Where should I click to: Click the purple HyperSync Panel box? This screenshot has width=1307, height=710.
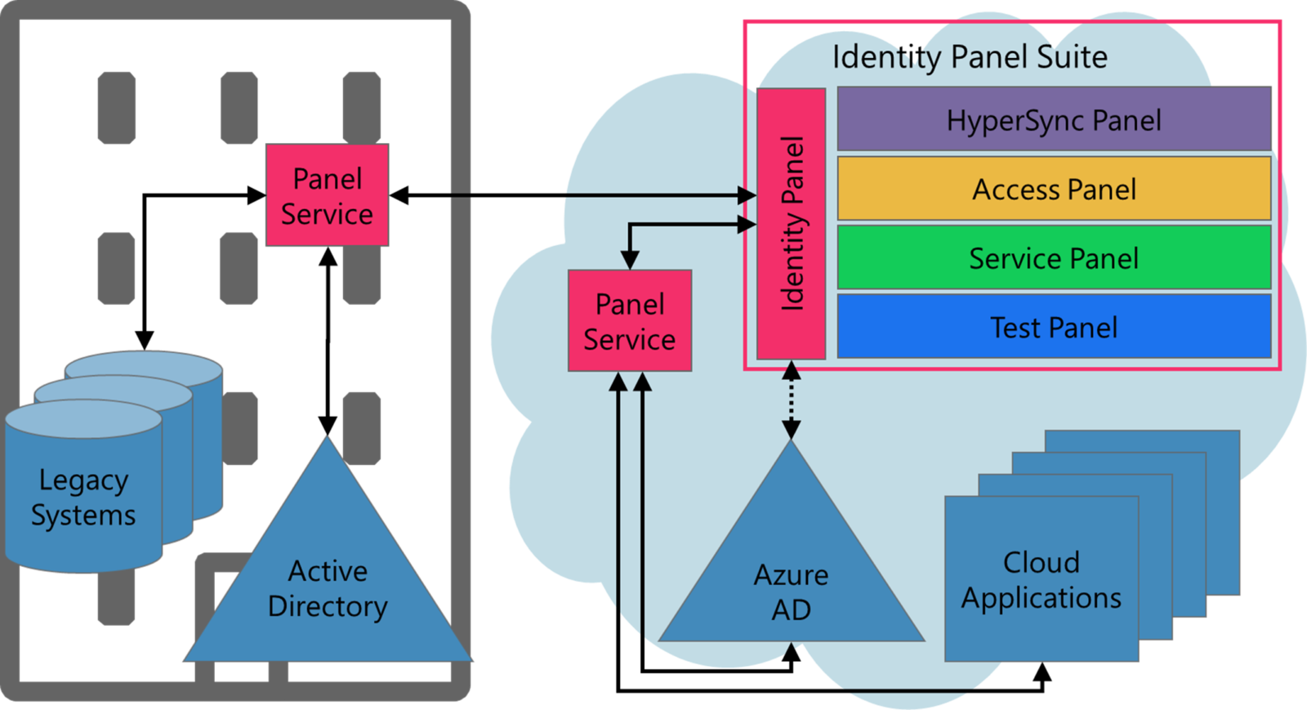(1054, 120)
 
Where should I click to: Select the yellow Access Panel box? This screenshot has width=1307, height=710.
(1054, 190)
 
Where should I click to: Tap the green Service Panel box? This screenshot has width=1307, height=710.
(1054, 259)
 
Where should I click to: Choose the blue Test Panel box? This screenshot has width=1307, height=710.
(1054, 328)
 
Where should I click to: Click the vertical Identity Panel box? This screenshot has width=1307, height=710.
(791, 223)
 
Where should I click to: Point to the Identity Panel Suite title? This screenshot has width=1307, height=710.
(970, 57)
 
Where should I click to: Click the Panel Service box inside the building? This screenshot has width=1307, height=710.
(327, 196)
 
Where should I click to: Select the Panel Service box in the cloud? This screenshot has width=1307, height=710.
(630, 321)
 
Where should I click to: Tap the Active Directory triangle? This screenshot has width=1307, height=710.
(328, 588)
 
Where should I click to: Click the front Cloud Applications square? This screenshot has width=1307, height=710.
(1042, 580)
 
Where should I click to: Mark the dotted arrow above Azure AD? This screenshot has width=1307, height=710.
(791, 400)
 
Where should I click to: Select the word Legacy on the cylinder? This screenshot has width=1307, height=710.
(83, 480)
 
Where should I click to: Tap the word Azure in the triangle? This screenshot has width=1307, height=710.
(791, 575)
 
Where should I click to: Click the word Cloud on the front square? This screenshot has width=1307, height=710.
(1042, 562)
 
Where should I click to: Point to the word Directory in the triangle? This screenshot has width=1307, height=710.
(328, 606)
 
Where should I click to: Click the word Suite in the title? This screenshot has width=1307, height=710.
(1072, 57)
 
